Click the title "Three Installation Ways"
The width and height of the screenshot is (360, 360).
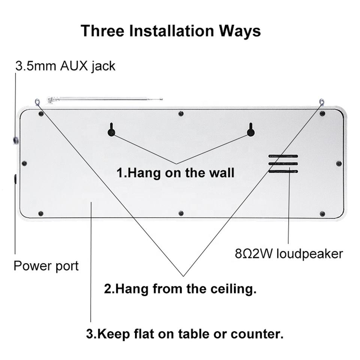tap(171, 31)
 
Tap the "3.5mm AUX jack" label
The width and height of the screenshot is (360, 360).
tap(65, 66)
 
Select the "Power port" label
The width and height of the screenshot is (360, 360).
tap(46, 266)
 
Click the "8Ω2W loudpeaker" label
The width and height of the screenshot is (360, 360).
tap(289, 254)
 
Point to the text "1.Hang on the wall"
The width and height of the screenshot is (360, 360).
tap(175, 173)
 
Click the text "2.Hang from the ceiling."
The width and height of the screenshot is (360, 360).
tap(180, 289)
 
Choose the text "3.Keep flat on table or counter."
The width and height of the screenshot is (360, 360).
tap(184, 334)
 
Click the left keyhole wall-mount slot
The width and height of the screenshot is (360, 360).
tap(111, 131)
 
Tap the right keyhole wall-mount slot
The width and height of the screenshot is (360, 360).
tap(250, 131)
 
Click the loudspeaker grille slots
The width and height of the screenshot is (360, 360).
tap(283, 164)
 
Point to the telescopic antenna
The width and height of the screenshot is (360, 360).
tap(105, 99)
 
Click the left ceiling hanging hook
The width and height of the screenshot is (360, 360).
tap(37, 101)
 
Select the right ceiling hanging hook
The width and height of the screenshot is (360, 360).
tap(322, 101)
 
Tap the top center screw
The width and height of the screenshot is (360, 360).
tap(181, 113)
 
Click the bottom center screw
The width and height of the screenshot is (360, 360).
tap(181, 213)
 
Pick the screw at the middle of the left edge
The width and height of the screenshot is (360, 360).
tap(24, 163)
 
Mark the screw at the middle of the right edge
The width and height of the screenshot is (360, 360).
tap(339, 163)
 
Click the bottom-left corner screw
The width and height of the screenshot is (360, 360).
tap(40, 214)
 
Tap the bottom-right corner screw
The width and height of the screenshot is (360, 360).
tap(322, 214)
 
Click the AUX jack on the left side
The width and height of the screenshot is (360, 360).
tap(15, 141)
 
